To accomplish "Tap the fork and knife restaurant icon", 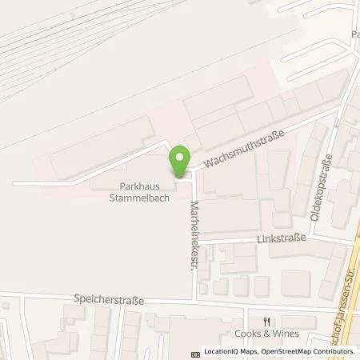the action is point(255,321).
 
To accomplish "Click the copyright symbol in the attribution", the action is point(196,352).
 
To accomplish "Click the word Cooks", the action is point(247,334).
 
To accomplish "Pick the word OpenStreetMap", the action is point(286,352).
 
